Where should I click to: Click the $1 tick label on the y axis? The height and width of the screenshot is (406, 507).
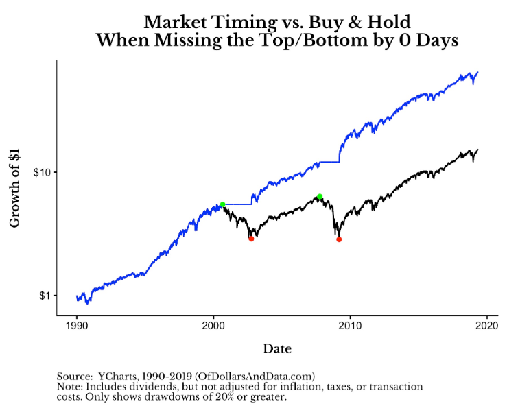(x=45, y=296)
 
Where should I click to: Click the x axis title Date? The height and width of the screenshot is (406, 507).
(x=277, y=349)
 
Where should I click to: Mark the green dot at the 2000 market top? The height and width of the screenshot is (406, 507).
(x=222, y=204)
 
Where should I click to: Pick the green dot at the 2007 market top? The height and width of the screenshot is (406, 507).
(x=320, y=197)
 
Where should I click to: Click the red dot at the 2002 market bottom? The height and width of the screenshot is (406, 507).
(x=251, y=239)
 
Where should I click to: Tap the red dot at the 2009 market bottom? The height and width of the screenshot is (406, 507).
(x=339, y=239)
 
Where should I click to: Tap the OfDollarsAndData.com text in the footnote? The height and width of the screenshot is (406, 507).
(x=255, y=376)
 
